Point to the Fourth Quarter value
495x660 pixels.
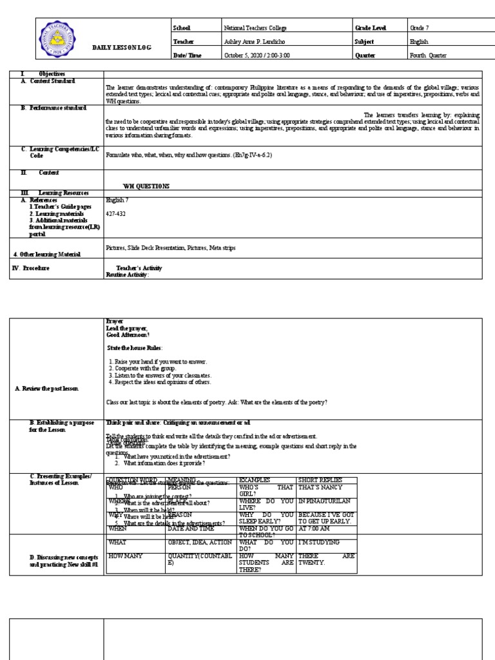coord(428,55)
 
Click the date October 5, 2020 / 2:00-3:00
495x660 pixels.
coord(257,55)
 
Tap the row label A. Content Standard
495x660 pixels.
coord(48,81)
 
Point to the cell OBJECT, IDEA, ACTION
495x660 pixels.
coord(200,543)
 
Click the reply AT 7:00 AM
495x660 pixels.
coord(315,529)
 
